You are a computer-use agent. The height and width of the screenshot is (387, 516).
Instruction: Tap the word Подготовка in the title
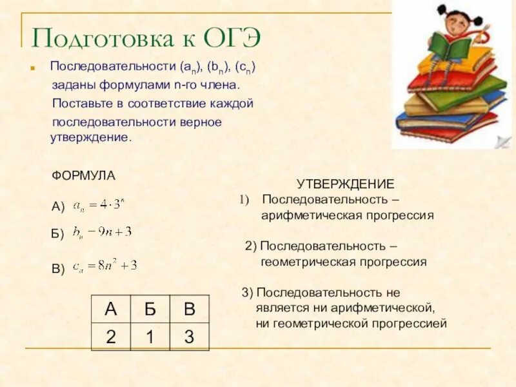point(103,39)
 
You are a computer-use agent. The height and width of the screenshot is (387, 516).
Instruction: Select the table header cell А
point(111,309)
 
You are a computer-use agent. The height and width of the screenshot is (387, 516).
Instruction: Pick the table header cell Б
point(150,309)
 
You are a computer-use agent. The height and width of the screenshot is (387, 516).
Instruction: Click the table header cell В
point(189,309)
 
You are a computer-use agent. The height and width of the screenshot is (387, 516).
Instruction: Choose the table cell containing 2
point(111,337)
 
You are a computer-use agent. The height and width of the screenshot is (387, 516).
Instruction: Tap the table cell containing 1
point(150,337)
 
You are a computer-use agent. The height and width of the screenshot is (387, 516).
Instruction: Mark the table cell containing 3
point(189,337)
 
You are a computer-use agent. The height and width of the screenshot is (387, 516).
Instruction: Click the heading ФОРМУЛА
point(83,175)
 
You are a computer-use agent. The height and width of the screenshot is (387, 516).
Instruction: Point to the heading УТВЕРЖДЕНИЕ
point(345,184)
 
